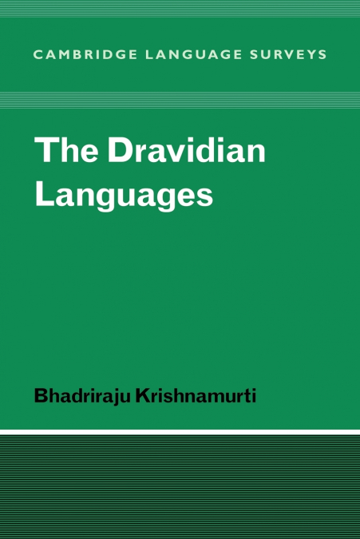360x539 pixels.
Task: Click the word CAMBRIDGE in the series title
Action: pos(77,54)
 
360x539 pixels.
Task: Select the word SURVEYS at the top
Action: pos(275,54)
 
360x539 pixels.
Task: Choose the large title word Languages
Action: pos(124,196)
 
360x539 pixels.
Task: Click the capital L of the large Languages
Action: pos(44,194)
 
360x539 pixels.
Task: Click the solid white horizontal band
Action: pos(180,431)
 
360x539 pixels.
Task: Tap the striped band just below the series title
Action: pos(180,100)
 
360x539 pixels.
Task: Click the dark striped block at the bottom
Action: pos(180,487)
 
